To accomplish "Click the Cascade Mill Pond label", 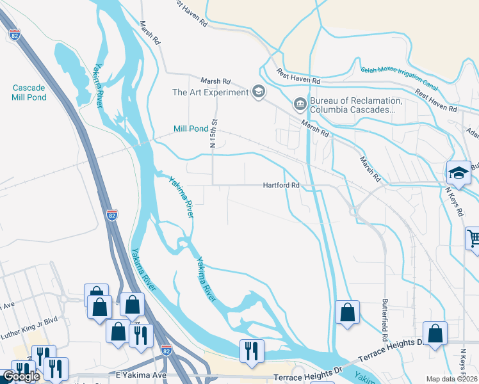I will pos(29,92).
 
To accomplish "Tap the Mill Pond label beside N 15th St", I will pos(191,129).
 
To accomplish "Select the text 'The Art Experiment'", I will pos(210,92).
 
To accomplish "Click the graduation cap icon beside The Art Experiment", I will pos(258,92).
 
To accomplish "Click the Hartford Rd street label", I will pos(282,186).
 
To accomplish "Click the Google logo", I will pos(20,376).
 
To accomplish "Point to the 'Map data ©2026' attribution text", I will pos(452,379).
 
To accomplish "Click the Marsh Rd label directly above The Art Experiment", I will pos(215,81).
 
